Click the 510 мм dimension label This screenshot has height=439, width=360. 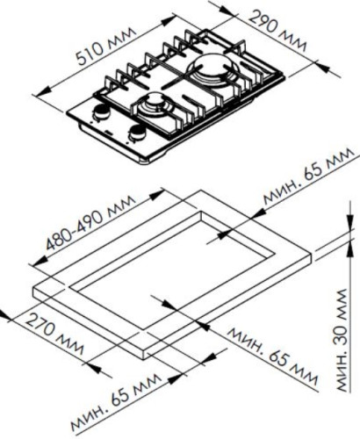[106, 46]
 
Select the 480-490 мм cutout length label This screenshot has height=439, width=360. [91, 222]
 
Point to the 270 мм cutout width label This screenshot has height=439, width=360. [54, 334]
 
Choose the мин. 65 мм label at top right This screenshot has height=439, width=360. [307, 177]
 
